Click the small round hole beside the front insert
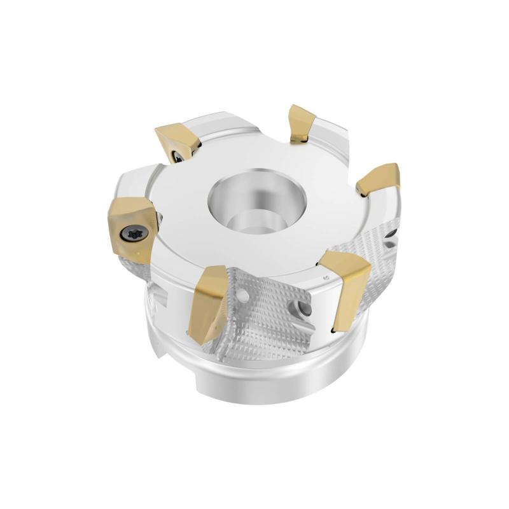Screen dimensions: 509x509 point(242,296)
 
